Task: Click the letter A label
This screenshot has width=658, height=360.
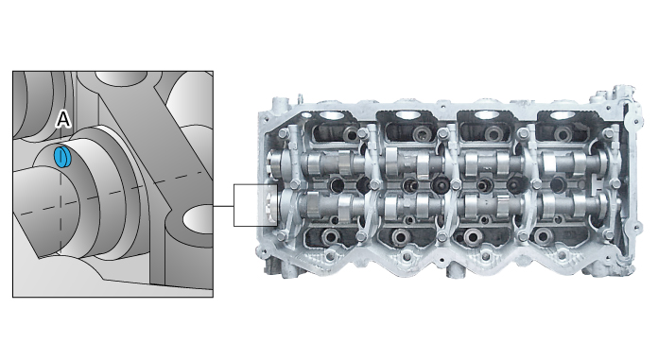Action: tap(63, 120)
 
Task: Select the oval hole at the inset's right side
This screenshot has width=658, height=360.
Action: tap(199, 219)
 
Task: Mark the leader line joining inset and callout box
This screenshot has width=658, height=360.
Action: tap(223, 204)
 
